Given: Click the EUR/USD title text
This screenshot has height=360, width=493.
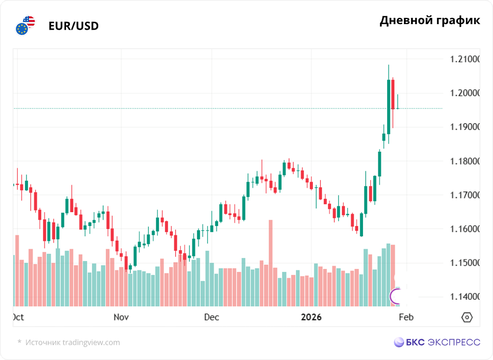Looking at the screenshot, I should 73,26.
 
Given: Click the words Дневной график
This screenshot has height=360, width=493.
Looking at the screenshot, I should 429,21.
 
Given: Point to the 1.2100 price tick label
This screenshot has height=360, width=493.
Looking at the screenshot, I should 465,59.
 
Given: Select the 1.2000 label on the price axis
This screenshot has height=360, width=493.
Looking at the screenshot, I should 465,93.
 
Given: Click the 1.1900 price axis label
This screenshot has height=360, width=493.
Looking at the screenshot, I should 465,127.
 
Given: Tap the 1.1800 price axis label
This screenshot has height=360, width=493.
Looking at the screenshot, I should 465,161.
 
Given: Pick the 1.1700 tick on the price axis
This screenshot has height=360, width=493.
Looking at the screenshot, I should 465,195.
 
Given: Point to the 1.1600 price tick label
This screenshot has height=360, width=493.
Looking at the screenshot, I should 465,229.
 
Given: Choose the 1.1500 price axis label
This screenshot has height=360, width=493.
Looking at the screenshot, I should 465,263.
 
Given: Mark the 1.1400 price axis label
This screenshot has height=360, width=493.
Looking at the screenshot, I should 465,297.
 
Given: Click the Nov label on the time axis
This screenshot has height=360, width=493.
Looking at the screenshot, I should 121,317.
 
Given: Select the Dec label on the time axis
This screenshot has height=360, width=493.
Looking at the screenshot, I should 211,317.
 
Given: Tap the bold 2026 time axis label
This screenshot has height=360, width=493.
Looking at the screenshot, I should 311,317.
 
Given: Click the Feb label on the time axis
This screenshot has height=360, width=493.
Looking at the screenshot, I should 406,317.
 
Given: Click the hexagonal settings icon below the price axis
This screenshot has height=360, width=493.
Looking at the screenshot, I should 467,317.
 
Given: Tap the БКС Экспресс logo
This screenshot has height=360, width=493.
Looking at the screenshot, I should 437,342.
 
